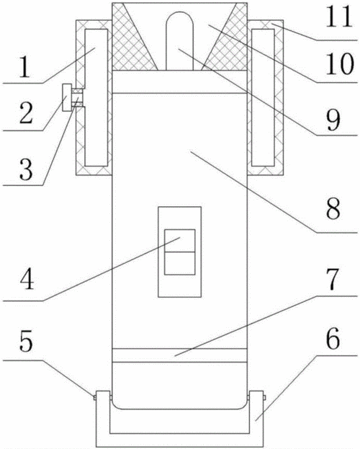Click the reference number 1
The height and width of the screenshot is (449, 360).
point(24,66)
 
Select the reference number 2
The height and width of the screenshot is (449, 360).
point(26,113)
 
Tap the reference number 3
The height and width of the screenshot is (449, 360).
point(26,169)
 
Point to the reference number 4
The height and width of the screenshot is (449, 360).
point(27,278)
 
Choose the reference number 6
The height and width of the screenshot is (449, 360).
point(333,339)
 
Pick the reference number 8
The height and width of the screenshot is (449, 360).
point(333,209)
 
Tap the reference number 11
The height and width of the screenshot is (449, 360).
point(339,17)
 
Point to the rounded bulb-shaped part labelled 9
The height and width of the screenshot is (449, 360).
point(180,40)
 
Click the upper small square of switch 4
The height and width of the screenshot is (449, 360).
point(180,241)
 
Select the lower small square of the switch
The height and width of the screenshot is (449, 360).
point(180,264)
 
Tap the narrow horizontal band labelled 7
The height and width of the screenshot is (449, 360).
point(179,355)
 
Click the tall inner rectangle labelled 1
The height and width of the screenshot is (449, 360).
point(96,97)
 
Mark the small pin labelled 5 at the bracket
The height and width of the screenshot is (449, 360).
point(94,397)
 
